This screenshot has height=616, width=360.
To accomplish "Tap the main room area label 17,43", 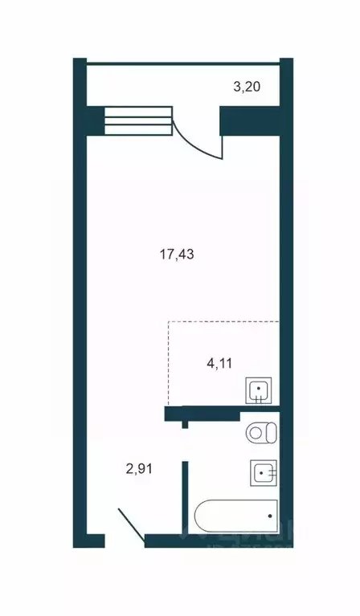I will coord(178,255).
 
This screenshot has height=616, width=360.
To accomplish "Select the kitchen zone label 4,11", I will coord(222,363).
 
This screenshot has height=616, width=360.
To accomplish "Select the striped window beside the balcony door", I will coord(139,120).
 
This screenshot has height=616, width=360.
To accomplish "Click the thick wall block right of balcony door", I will coord(250,120).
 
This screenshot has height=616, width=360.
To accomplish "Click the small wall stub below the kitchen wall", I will coord(185,423).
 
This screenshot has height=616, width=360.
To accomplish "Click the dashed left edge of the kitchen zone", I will coord(168,361).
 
